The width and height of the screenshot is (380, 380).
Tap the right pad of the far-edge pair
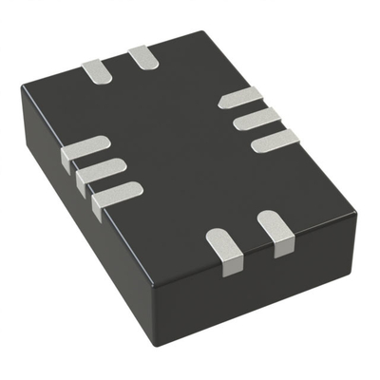pyautogui.click(x=143, y=56)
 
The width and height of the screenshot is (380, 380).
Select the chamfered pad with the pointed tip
pyautogui.click(x=238, y=97)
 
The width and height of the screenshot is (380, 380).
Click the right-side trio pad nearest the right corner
pyautogui.click(x=275, y=141)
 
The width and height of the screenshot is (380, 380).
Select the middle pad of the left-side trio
pyautogui.click(x=100, y=172)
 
